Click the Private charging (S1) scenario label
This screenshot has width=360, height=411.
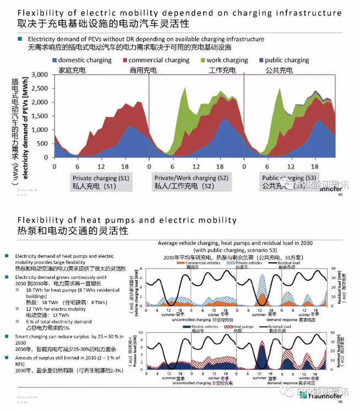101,178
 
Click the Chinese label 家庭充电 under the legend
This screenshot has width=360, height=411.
73,71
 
